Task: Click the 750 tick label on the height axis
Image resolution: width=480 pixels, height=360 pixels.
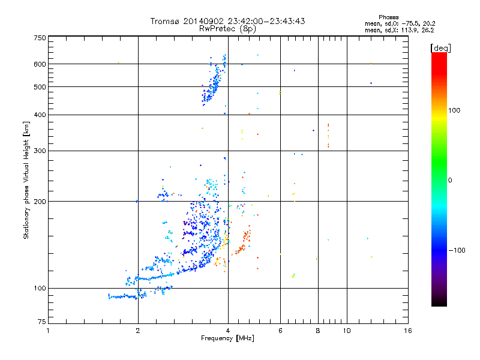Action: [x=40, y=38]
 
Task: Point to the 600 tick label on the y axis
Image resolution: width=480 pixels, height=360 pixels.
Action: [x=40, y=64]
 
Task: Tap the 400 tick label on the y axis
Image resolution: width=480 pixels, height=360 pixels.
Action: [x=40, y=115]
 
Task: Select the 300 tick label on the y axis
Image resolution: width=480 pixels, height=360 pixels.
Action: [x=40, y=151]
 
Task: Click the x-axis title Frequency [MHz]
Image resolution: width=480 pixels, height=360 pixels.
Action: [x=227, y=339]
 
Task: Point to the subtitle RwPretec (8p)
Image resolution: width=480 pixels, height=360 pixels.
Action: [x=228, y=28]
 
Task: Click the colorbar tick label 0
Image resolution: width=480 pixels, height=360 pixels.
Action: [x=450, y=180]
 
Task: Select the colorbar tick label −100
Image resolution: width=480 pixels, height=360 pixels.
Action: [x=457, y=250]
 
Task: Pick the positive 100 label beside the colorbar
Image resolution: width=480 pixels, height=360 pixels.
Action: [x=455, y=110]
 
